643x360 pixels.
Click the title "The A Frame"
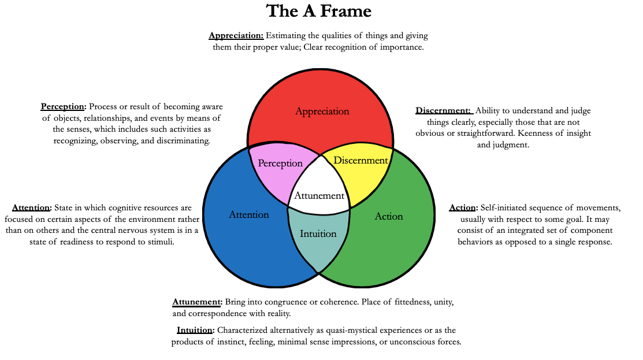318,11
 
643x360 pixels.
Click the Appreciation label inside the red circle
322,111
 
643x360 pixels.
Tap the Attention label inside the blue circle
249,214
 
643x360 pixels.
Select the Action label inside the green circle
389,216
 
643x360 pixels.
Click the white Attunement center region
319,195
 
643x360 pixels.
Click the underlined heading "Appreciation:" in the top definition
236,36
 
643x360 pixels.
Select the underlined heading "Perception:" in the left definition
64,106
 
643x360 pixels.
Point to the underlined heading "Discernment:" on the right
443,110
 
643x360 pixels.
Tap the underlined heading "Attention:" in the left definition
32,207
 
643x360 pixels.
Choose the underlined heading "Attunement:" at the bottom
197,302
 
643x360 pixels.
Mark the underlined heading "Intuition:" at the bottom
196,331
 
